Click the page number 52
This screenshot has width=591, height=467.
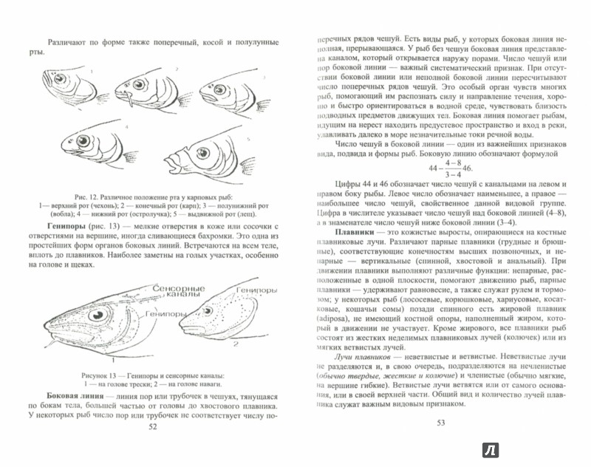pyautogui.click(x=153, y=446)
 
